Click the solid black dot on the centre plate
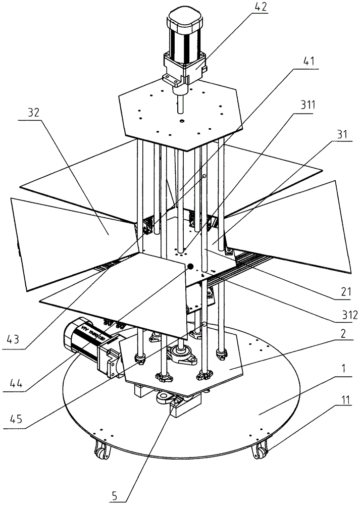pos(191,266)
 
